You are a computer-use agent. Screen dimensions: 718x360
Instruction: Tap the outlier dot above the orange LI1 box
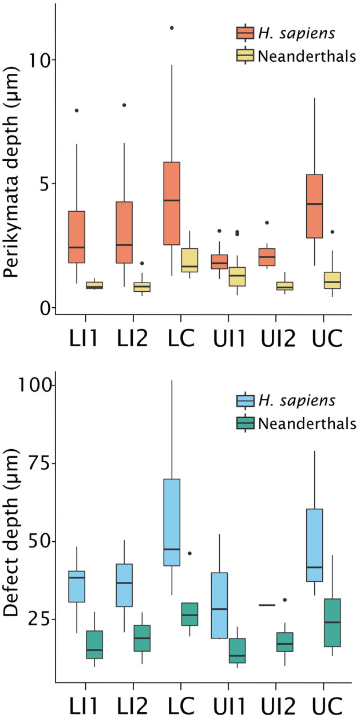pyautogui.click(x=76, y=110)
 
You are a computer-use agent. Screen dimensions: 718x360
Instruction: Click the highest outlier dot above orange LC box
pyautogui.click(x=172, y=27)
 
